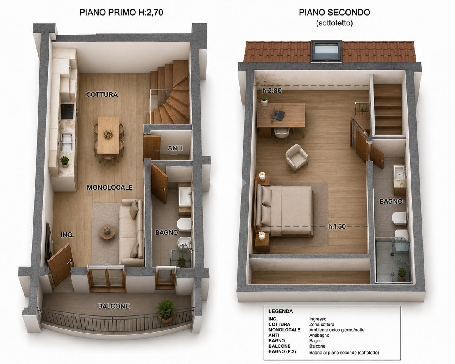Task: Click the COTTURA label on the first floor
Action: [102, 94]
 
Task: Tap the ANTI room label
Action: [175, 148]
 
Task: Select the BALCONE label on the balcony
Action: [113, 306]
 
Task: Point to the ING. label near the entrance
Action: [67, 235]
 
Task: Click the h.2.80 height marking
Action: [272, 91]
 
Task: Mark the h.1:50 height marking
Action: [337, 226]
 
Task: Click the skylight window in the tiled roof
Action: [326, 51]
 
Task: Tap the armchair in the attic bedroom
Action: [297, 157]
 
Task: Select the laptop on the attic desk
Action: [278, 115]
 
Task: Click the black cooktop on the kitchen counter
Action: [67, 111]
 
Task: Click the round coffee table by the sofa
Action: [108, 232]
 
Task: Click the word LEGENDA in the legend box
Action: [281, 311]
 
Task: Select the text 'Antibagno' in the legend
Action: [319, 335]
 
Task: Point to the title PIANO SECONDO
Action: [334, 13]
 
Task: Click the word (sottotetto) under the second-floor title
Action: [334, 23]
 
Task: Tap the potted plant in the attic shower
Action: [402, 273]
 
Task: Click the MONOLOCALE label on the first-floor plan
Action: [110, 187]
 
